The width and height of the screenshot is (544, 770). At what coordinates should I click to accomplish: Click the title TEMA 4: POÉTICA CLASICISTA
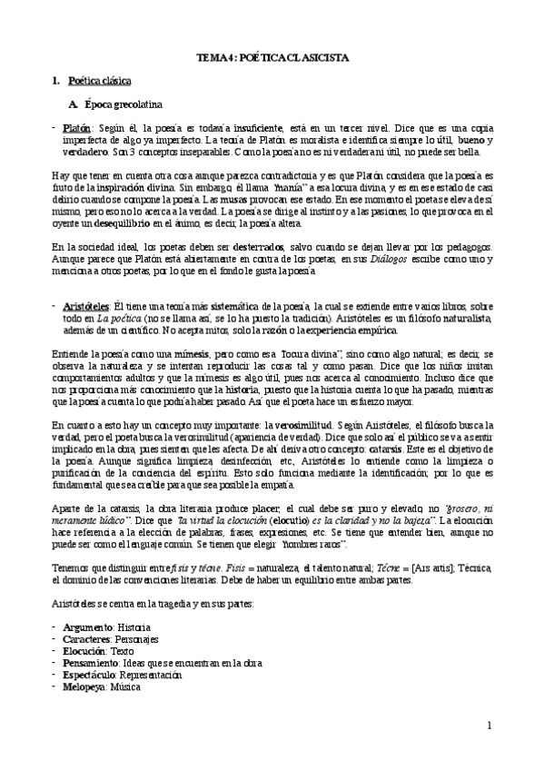coord(272,57)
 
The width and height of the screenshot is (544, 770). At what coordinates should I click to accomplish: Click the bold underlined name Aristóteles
coord(88,281)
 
